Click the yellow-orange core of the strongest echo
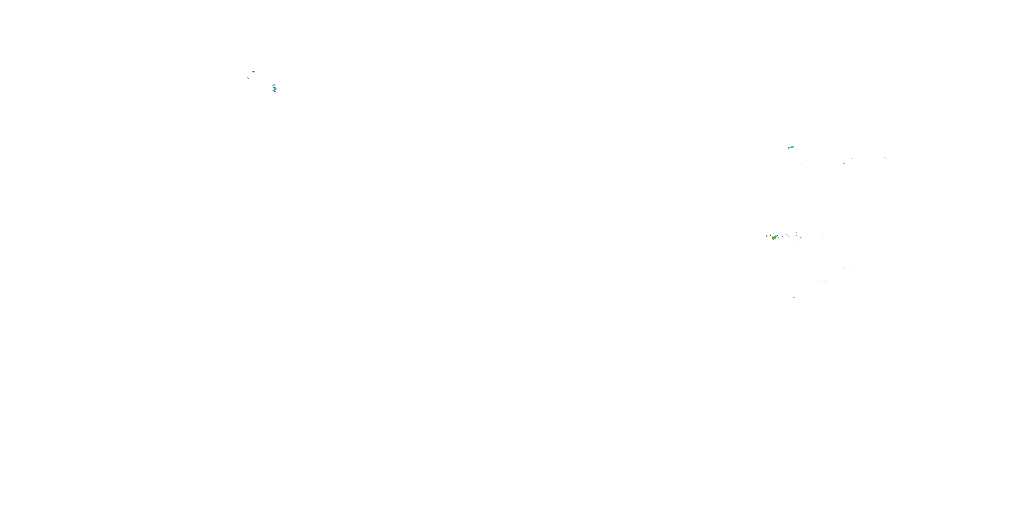tap(774, 238)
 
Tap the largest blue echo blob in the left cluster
tap(274, 89)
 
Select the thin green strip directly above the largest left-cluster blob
tap(274, 85)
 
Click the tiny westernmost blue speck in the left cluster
tap(248, 78)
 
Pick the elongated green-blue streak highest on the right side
tap(790, 147)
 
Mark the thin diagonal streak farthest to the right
tap(885, 158)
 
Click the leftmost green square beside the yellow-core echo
tap(767, 236)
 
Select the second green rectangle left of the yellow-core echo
tap(770, 236)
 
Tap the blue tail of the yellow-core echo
tap(777, 236)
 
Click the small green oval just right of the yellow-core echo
tap(778, 238)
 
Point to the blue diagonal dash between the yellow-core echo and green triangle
tap(782, 236)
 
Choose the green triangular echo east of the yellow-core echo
tap(789, 236)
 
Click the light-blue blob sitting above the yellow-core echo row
tap(797, 233)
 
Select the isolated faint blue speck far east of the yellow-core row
tap(823, 238)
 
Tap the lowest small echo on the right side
tap(794, 297)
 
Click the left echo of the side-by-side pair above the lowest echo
tap(822, 282)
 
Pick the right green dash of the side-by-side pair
tap(826, 282)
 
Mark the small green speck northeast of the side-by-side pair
tap(843, 268)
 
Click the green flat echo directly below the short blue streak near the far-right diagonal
tap(844, 163)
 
